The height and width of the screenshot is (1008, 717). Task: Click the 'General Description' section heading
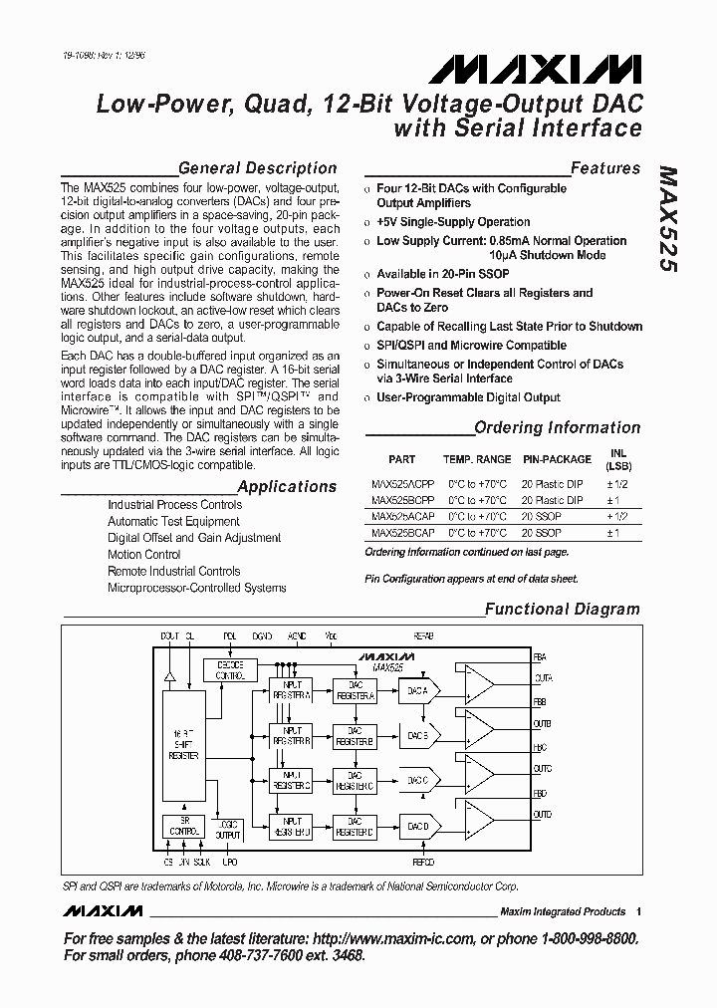tap(257, 168)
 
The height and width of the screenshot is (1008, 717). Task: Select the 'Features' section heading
tap(604, 168)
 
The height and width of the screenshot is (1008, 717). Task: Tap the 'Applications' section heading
tap(287, 486)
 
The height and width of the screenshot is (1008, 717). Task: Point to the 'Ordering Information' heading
tap(557, 427)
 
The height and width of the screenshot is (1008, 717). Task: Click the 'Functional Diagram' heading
tap(562, 609)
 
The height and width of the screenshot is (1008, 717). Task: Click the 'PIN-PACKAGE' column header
tap(557, 459)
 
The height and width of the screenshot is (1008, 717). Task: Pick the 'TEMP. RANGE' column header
tap(476, 459)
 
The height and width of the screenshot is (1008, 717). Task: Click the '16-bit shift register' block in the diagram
tap(182, 743)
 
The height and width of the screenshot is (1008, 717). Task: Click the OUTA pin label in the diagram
tap(543, 678)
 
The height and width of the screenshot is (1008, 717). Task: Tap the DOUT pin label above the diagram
tap(170, 634)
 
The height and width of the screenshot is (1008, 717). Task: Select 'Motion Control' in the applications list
tap(143, 555)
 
